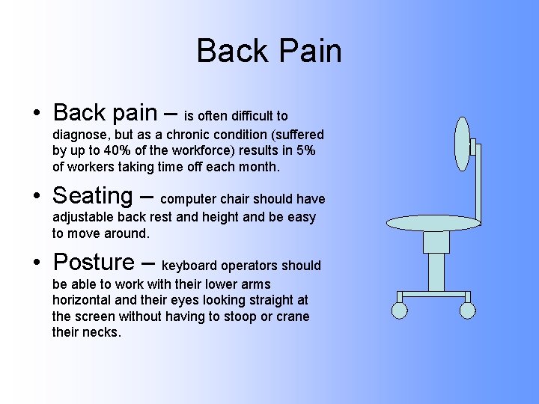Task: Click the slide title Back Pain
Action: [269, 51]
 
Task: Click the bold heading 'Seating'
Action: [92, 196]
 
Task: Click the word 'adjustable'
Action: [83, 218]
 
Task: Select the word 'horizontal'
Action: [83, 301]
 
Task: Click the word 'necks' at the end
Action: [103, 332]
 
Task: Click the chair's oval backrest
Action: [463, 145]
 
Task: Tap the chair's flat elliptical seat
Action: [433, 223]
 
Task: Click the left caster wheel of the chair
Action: [400, 310]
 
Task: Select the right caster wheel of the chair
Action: [468, 310]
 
